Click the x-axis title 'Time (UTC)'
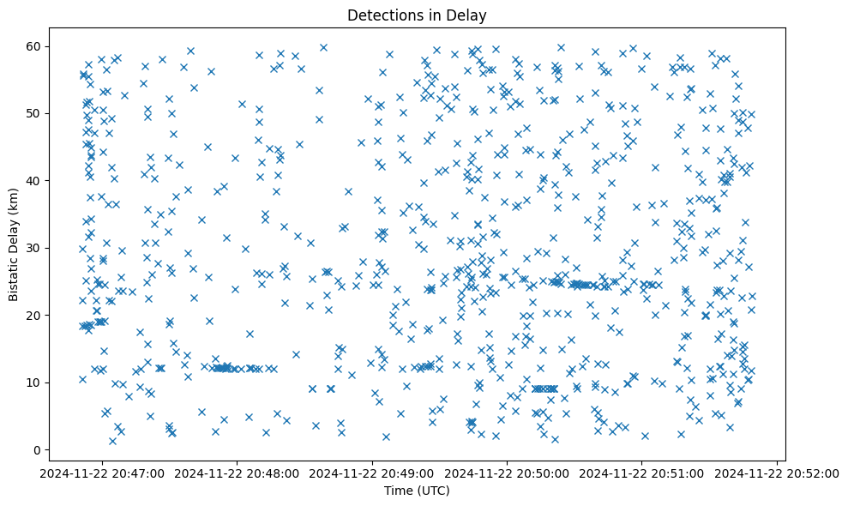click(416, 491)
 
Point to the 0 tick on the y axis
click(39, 450)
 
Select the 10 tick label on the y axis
click(35, 383)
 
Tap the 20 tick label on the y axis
click(35, 316)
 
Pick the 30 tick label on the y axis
click(35, 248)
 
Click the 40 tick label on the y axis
click(35, 181)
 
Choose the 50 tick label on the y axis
click(35, 113)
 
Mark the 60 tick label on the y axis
click(35, 46)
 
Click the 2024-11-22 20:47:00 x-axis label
click(105, 472)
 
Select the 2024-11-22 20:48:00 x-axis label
click(239, 472)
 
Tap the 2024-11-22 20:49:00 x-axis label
click(374, 472)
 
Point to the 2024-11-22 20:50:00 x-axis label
click(508, 472)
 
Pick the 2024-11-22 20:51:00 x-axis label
click(642, 472)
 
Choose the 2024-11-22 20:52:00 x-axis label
click(777, 472)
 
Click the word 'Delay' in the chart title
click(469, 15)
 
